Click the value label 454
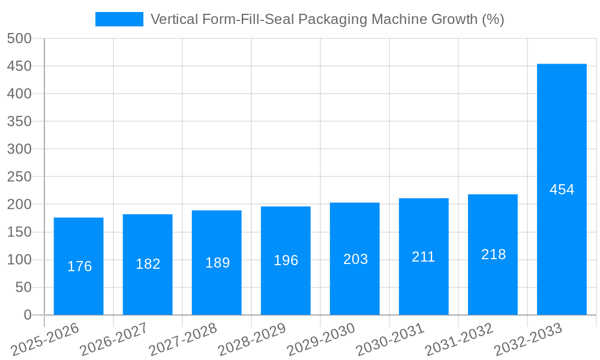(x=562, y=190)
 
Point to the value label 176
(x=79, y=266)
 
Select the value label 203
(x=355, y=259)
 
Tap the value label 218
(x=493, y=254)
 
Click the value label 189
(x=217, y=263)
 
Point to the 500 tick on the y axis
(x=19, y=38)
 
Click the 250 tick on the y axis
(x=19, y=177)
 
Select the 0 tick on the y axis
(x=27, y=315)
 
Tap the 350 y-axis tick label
(x=19, y=121)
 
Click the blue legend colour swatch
(x=119, y=19)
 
